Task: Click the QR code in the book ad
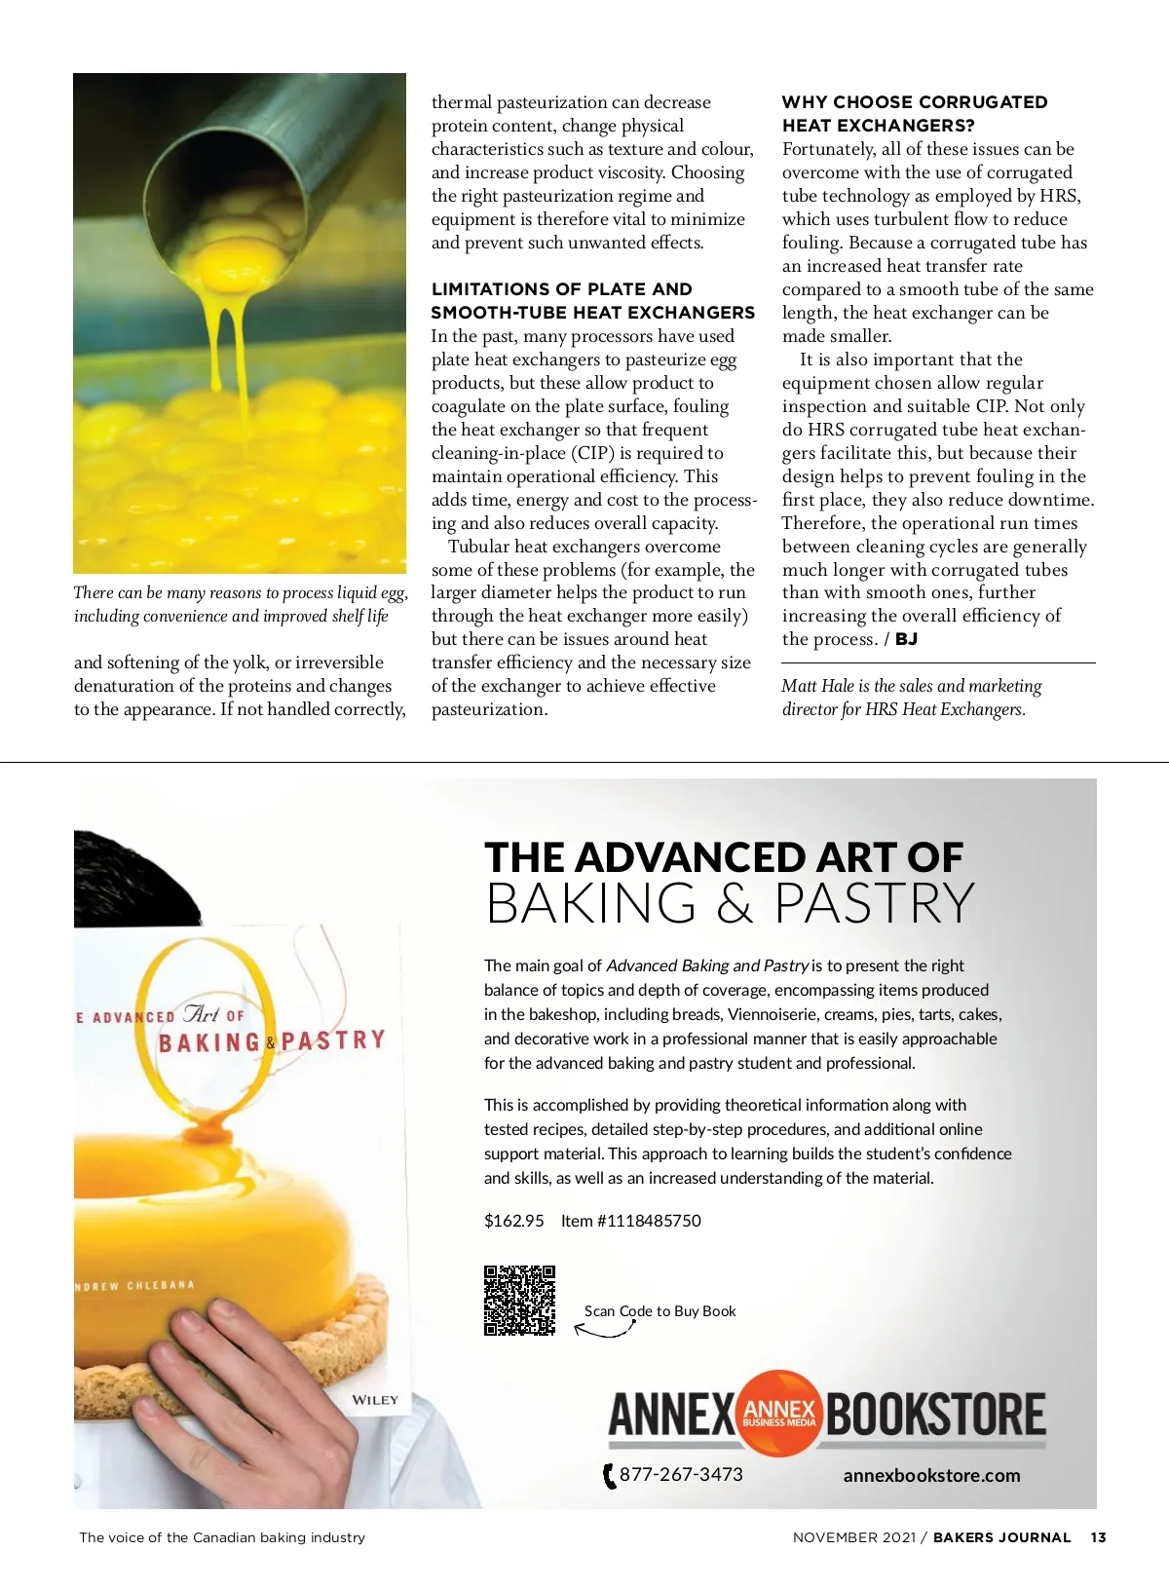point(519,1300)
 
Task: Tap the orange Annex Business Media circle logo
point(779,1413)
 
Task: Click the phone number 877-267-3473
point(681,1474)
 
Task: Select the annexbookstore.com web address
point(931,1475)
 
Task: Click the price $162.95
point(513,1221)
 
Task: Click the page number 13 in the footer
point(1098,1537)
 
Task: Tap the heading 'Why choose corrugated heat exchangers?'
point(914,113)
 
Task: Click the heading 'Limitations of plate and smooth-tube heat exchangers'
point(592,300)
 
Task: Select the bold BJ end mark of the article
point(906,639)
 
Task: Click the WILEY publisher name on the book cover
point(375,1400)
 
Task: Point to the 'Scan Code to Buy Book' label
point(660,1311)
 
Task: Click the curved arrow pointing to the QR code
point(604,1327)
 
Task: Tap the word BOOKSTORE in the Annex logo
point(935,1415)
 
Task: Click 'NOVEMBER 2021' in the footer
point(854,1537)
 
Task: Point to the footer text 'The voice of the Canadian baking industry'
point(222,1537)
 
